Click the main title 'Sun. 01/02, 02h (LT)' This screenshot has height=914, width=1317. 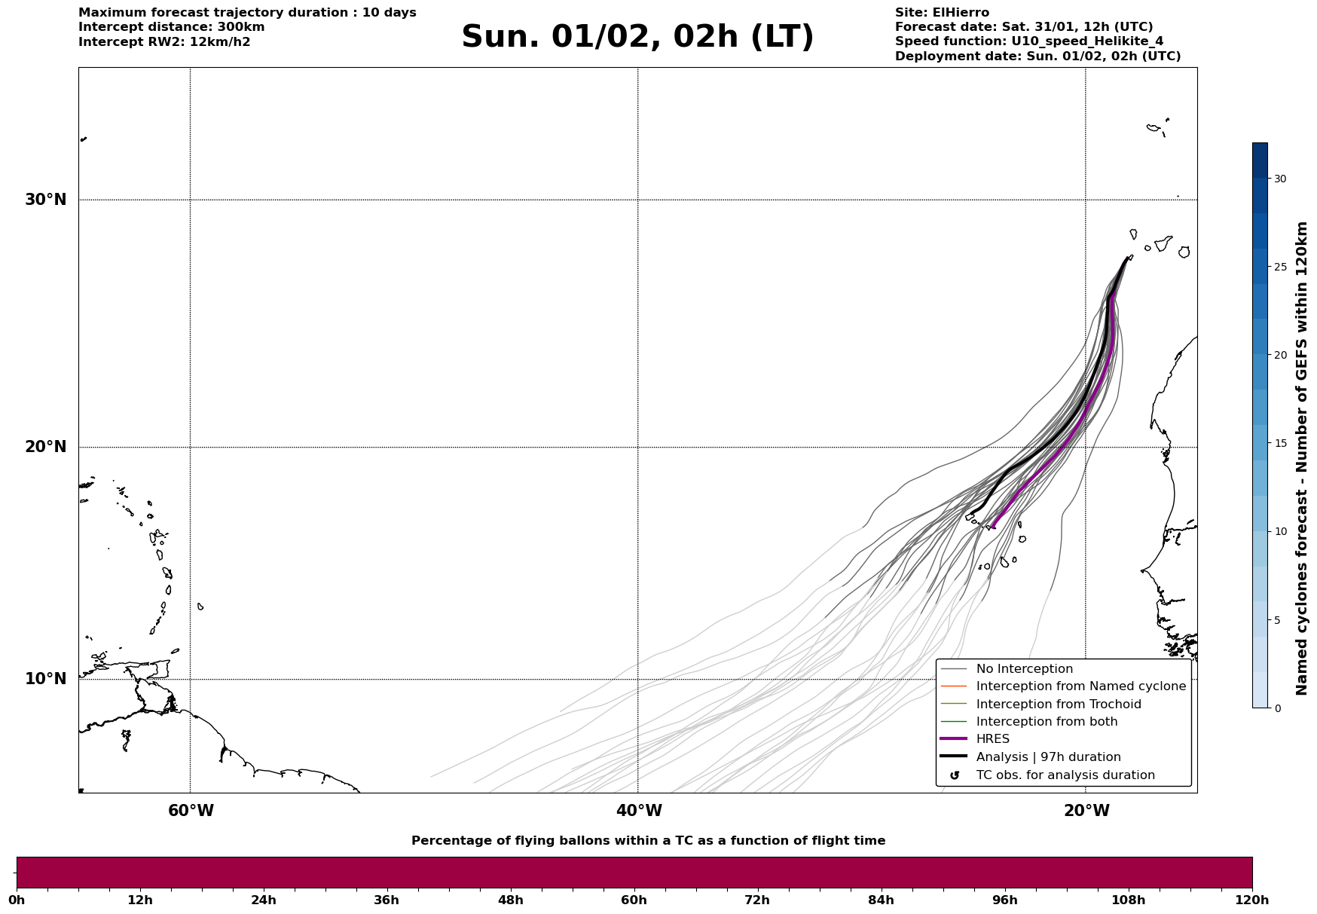point(637,37)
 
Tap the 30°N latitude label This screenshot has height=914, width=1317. point(45,200)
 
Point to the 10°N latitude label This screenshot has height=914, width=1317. point(45,679)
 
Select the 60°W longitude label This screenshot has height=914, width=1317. point(191,811)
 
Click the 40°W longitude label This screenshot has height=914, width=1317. point(639,811)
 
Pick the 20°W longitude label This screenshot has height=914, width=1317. point(1086,811)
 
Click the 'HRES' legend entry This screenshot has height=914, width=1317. point(992,739)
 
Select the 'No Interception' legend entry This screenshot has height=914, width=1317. point(1024,669)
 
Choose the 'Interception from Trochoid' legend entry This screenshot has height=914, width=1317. point(1058,705)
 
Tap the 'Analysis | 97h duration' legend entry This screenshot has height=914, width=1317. point(1048,757)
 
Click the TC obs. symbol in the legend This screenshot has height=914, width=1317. point(955,775)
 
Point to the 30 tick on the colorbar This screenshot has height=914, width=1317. point(1280,179)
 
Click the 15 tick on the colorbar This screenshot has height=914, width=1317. point(1280,443)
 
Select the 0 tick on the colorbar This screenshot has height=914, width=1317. point(1277,708)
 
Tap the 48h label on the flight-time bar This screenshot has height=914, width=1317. point(510,900)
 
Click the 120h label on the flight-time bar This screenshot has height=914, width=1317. point(1251,900)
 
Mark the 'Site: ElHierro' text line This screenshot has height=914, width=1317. point(942,13)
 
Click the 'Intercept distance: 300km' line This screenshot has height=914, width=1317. point(171,27)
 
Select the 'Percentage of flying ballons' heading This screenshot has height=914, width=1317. point(648,841)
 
